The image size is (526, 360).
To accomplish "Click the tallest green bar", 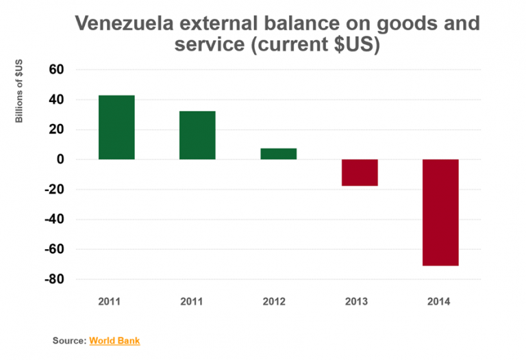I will pyautogui.click(x=116, y=127).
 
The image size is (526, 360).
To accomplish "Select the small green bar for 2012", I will pyautogui.click(x=278, y=154).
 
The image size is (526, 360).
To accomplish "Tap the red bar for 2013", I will pyautogui.click(x=360, y=172).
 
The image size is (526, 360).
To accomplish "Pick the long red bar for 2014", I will pyautogui.click(x=440, y=212).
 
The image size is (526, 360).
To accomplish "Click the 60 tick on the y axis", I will pyautogui.click(x=55, y=70).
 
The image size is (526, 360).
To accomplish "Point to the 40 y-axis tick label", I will pyautogui.click(x=55, y=100).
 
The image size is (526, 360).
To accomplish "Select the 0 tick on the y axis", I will pyautogui.click(x=60, y=159).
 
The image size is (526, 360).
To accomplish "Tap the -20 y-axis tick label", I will pyautogui.click(x=53, y=190).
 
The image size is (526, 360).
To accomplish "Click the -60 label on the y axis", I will pyautogui.click(x=53, y=250).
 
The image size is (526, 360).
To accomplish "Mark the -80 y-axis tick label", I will pyautogui.click(x=53, y=280).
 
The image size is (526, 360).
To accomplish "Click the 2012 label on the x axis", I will pyautogui.click(x=278, y=301).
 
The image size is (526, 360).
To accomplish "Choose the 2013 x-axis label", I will pyautogui.click(x=360, y=301).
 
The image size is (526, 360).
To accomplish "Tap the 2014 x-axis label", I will pyautogui.click(x=440, y=301).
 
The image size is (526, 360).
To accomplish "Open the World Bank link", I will pyautogui.click(x=114, y=340).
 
